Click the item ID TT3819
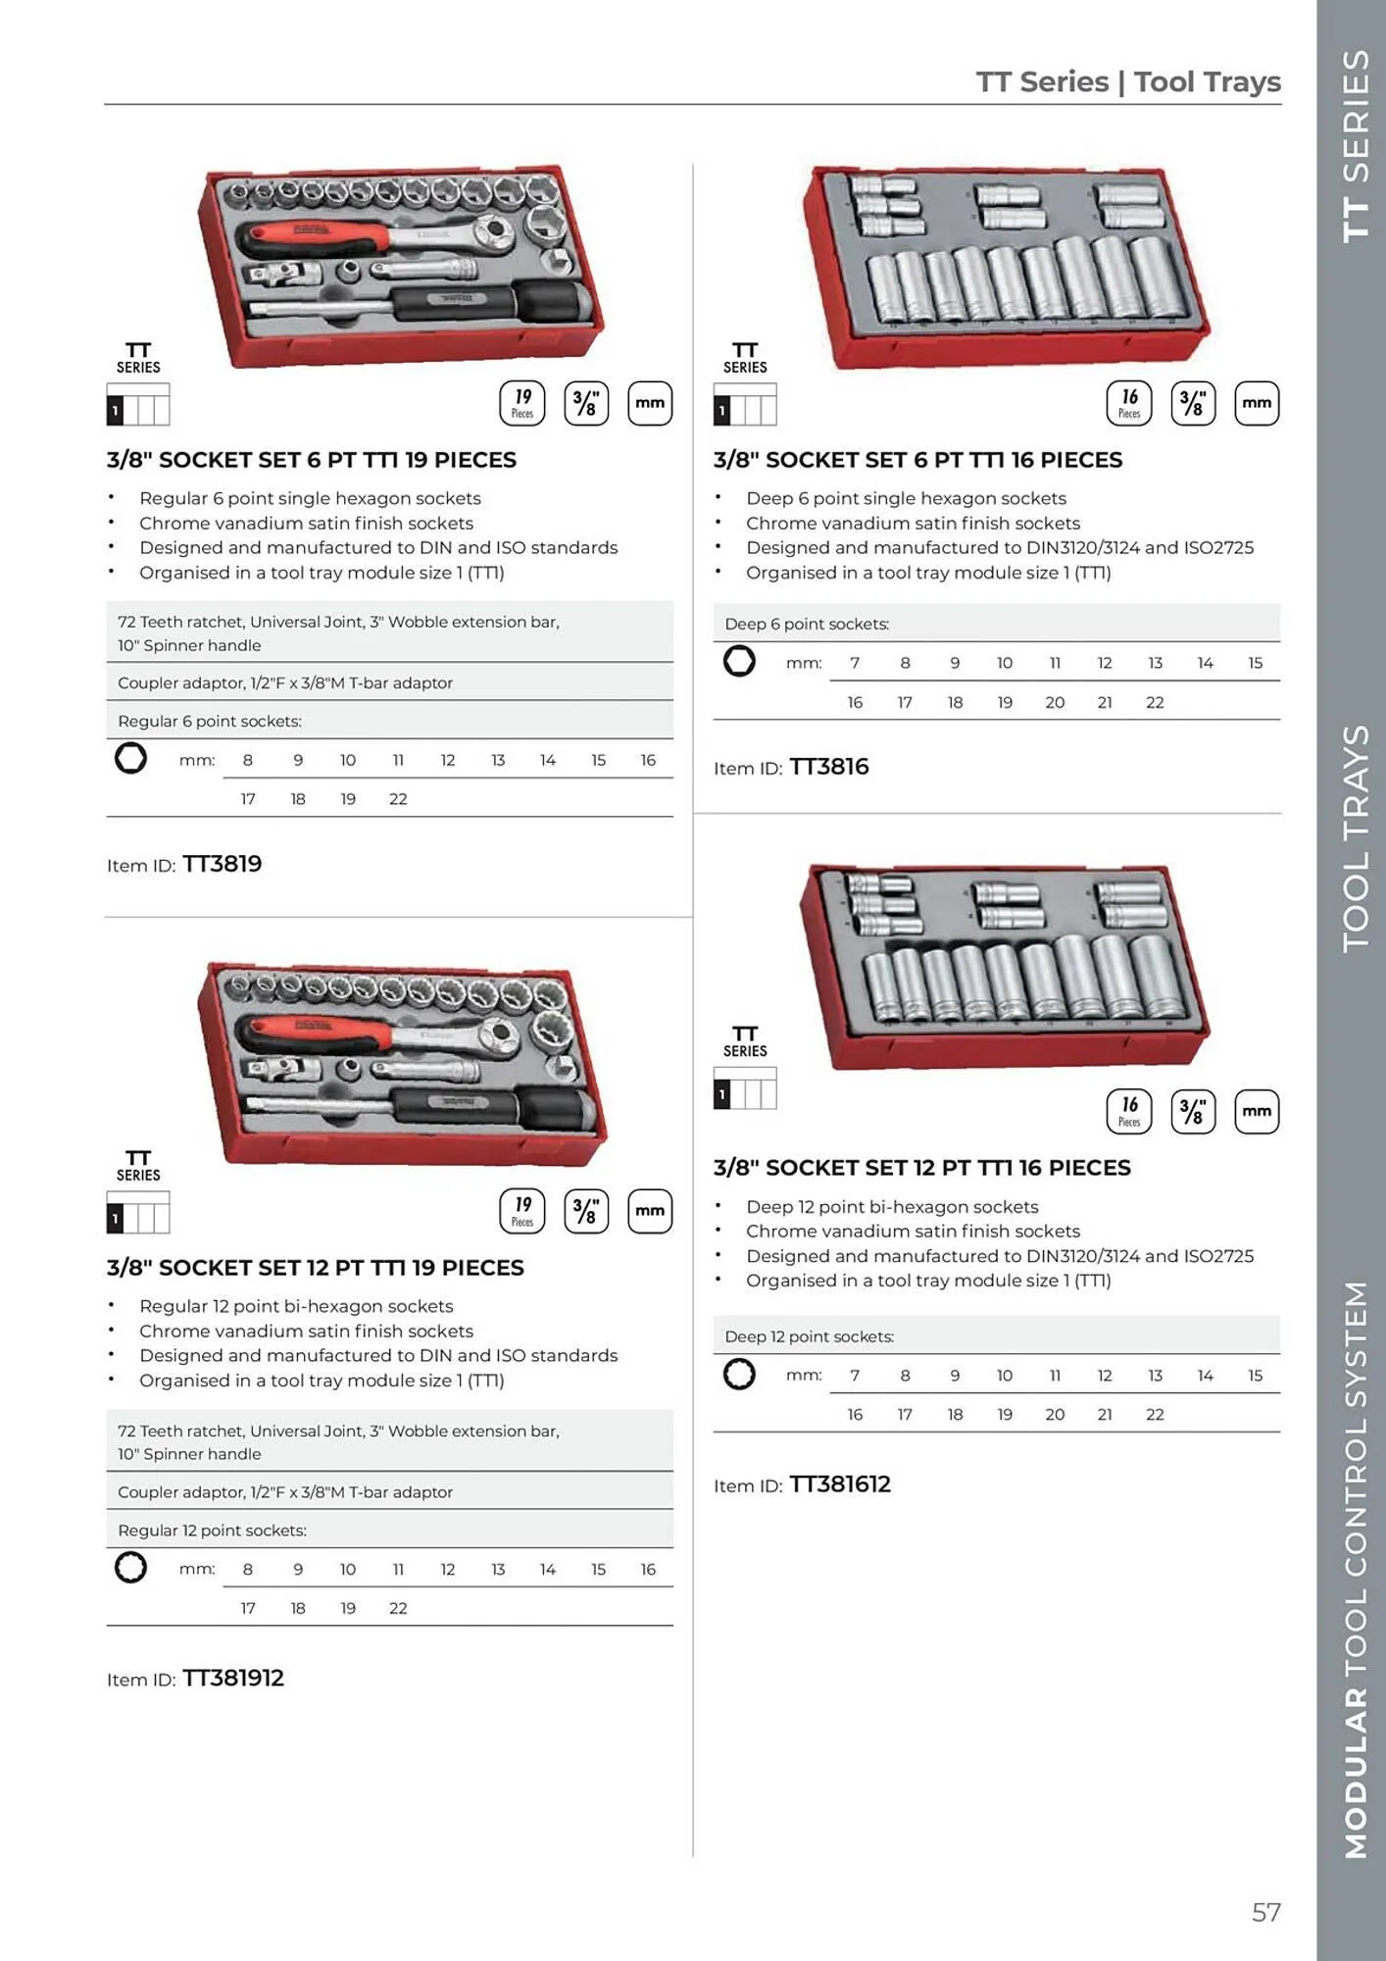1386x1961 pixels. pyautogui.click(x=222, y=864)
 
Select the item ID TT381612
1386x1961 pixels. pyautogui.click(x=840, y=1484)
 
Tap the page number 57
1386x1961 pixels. pyautogui.click(x=1265, y=1912)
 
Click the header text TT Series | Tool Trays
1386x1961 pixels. pyautogui.click(x=1128, y=81)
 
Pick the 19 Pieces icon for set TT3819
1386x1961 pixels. pyautogui.click(x=522, y=403)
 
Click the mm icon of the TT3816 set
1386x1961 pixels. pyautogui.click(x=1257, y=403)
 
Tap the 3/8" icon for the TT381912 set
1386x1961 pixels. pyautogui.click(x=586, y=1211)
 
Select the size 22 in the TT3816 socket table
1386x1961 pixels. pyautogui.click(x=1155, y=702)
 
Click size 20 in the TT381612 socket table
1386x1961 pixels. pyautogui.click(x=1055, y=1414)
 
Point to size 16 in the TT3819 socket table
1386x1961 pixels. pyautogui.click(x=648, y=760)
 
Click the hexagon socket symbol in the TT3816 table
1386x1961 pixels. pyautogui.click(x=739, y=661)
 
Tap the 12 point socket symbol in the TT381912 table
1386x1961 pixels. pyautogui.click(x=130, y=1567)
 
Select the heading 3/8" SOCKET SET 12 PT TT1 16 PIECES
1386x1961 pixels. pyautogui.click(x=921, y=1168)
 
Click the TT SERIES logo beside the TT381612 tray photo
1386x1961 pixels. pyautogui.click(x=745, y=1042)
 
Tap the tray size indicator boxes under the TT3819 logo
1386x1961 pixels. pyautogui.click(x=138, y=404)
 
